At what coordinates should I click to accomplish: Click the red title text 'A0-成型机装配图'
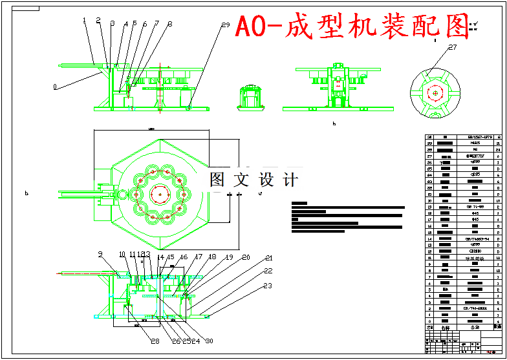coord(351,26)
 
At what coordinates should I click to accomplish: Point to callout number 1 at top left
coord(85,20)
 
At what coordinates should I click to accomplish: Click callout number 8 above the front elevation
coord(169,24)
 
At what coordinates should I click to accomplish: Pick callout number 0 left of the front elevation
coord(55,85)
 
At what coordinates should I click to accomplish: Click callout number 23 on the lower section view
coord(268,285)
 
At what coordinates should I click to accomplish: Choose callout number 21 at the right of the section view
coord(268,259)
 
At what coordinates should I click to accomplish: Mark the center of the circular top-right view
coord(435,93)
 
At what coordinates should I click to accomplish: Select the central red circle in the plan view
coord(159,193)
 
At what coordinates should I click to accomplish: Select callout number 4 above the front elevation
coord(125,24)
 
